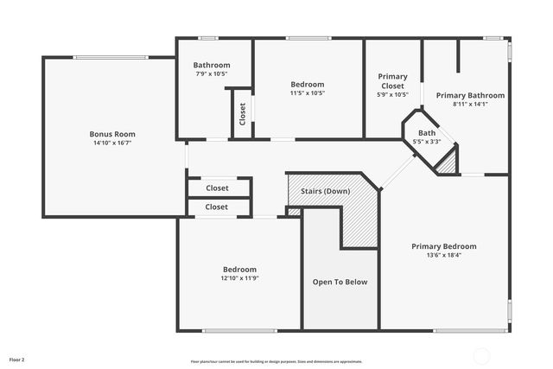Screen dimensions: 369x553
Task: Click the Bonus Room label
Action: click(x=112, y=134)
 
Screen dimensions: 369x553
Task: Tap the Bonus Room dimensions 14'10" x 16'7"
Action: click(x=112, y=143)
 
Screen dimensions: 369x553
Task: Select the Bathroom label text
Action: click(x=212, y=65)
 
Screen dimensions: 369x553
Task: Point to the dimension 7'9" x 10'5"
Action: click(x=212, y=73)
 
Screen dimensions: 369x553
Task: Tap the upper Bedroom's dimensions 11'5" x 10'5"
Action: click(x=308, y=93)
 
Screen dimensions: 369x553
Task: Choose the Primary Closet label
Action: click(x=393, y=81)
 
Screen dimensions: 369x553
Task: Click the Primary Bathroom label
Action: click(x=470, y=95)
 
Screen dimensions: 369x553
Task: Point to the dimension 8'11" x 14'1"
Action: click(x=470, y=105)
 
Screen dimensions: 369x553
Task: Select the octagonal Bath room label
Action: click(x=427, y=133)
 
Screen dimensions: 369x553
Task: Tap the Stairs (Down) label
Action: click(x=325, y=190)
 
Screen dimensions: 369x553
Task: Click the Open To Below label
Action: click(x=340, y=282)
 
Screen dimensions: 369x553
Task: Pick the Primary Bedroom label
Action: click(x=444, y=246)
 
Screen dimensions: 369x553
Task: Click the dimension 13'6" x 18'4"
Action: click(x=444, y=255)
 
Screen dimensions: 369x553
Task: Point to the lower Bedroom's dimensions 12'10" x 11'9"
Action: click(x=239, y=278)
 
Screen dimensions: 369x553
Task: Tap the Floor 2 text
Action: click(x=17, y=359)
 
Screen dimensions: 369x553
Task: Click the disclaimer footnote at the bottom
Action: click(x=276, y=361)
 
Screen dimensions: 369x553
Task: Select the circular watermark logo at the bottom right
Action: click(x=481, y=355)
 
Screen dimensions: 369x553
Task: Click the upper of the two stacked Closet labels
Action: click(x=217, y=188)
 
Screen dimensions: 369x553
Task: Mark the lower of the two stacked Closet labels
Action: click(x=217, y=207)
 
